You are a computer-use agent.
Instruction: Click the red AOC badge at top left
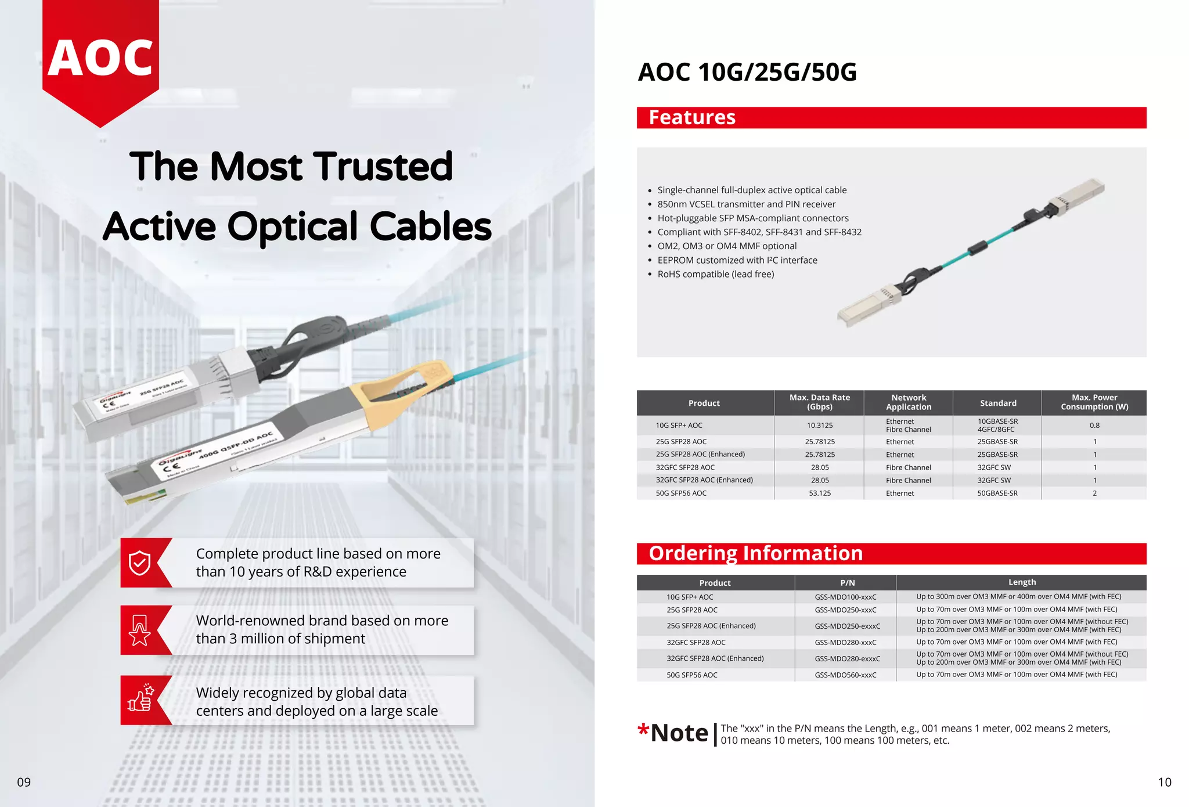tap(100, 58)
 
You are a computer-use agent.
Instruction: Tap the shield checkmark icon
tap(139, 563)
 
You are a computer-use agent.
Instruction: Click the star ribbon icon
tap(139, 631)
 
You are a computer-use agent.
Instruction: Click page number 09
tap(24, 782)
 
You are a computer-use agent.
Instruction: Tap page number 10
tap(1164, 782)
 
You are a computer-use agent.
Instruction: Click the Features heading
tap(692, 118)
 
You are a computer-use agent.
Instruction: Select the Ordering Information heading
tap(755, 553)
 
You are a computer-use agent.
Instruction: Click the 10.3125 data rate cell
tap(819, 426)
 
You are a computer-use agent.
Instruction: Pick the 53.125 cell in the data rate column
tap(819, 493)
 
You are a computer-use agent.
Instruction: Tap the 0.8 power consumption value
tap(1094, 426)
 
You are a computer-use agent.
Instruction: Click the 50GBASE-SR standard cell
tap(997, 493)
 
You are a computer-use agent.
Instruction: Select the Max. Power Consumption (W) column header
tap(1094, 402)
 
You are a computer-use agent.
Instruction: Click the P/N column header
tap(847, 583)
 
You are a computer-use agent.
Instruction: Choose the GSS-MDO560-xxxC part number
tap(845, 675)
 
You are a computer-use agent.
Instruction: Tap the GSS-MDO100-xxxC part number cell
tap(845, 597)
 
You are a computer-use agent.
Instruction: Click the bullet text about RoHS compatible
tap(715, 274)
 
